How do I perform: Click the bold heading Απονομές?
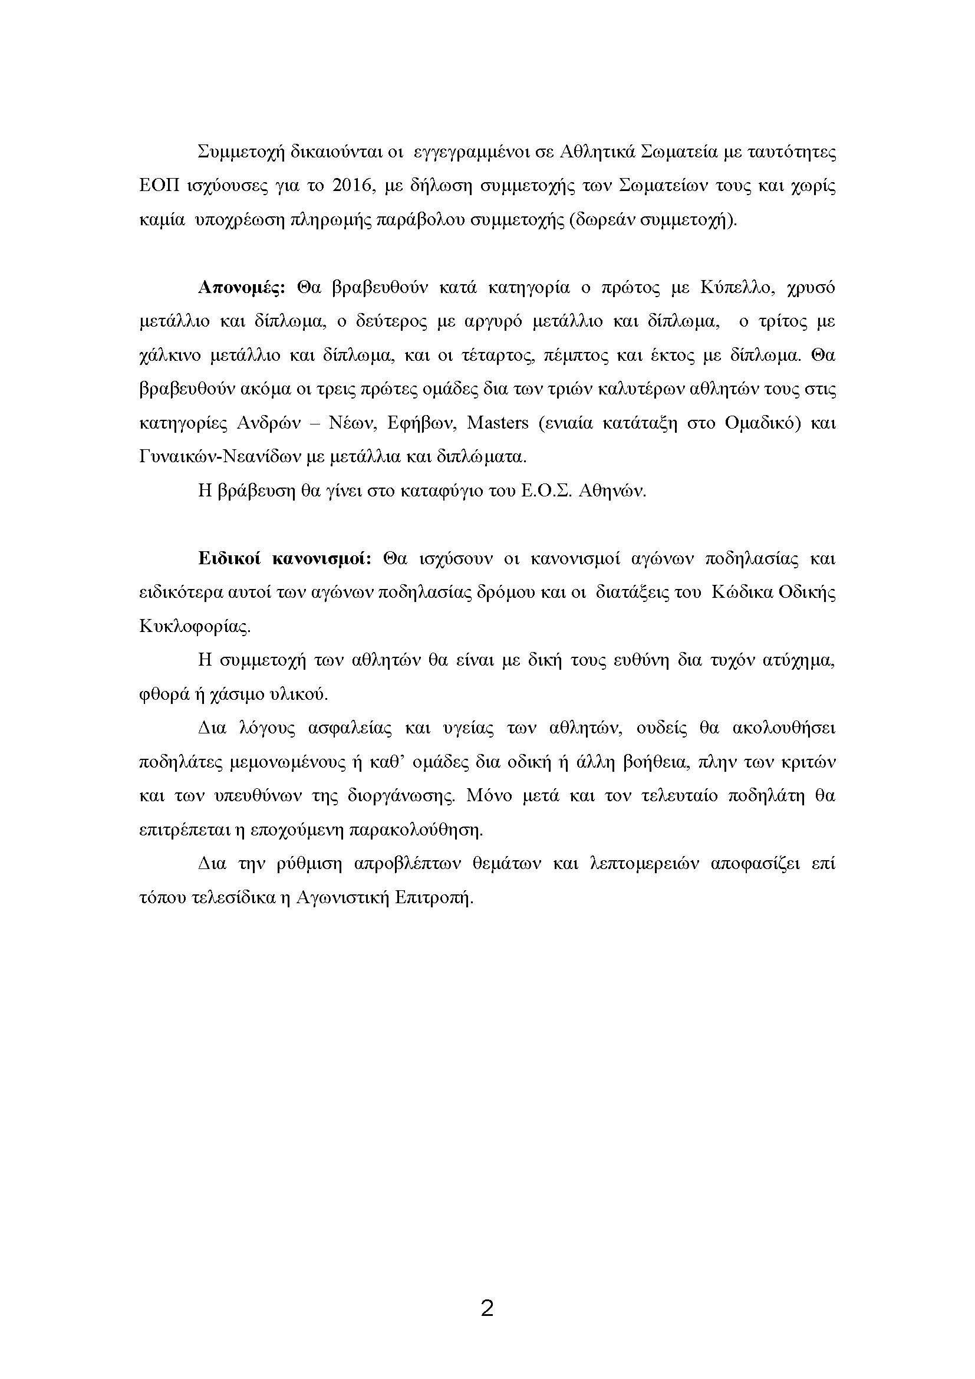pos(241,288)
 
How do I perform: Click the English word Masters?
pos(498,423)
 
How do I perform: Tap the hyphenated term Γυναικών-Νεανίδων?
pos(222,457)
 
